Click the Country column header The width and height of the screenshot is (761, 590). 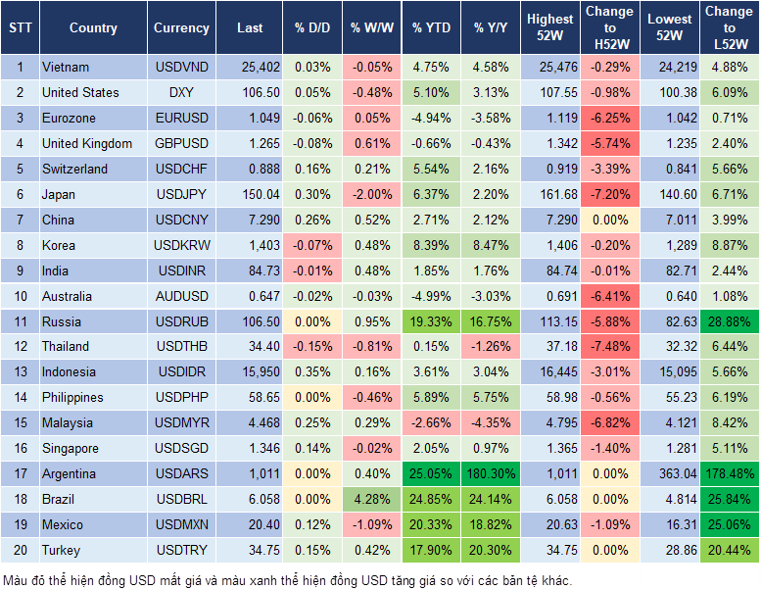(93, 28)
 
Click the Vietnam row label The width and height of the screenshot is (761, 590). (66, 67)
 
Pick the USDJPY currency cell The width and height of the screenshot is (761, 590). (181, 194)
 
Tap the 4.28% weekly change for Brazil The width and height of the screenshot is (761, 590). (371, 500)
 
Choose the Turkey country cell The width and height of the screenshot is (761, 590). (61, 551)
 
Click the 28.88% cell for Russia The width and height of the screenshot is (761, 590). (730, 321)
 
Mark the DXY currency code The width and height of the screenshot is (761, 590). (181, 92)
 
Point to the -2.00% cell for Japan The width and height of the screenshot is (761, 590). (371, 194)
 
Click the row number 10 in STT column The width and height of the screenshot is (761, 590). (20, 296)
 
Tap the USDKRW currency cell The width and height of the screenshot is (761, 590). (181, 245)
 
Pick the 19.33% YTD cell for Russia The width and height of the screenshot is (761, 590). (432, 321)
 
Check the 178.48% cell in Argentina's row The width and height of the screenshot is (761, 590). (730, 474)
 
